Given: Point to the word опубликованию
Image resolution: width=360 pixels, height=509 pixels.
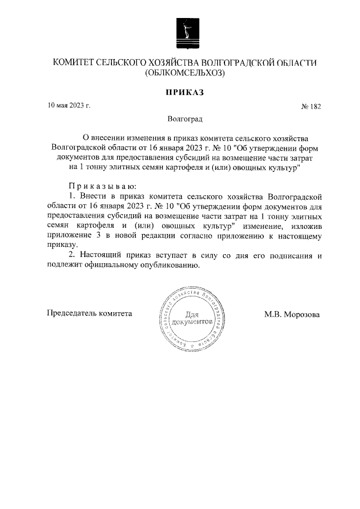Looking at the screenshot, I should point(173,266).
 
